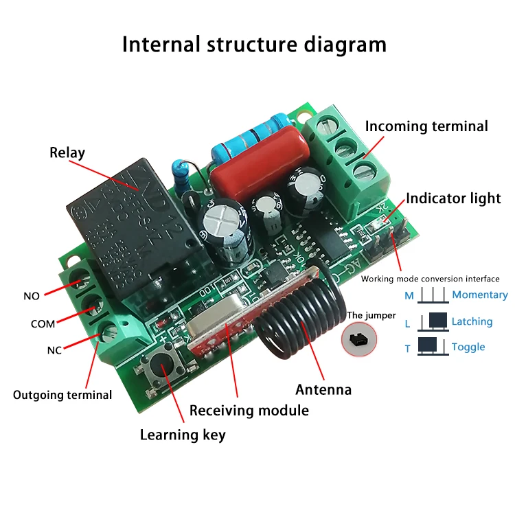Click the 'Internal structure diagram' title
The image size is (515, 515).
[254, 45]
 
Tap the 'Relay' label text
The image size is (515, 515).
[67, 152]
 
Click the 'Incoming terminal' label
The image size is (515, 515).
[426, 126]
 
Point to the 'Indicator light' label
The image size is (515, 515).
[453, 198]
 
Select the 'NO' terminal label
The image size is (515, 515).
[32, 296]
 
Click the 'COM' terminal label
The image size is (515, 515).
[43, 323]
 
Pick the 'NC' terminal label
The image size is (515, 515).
[54, 350]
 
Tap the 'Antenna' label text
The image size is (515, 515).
[323, 390]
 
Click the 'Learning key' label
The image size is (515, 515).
[183, 435]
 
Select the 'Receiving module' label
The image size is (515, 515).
[249, 411]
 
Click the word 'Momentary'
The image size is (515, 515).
[480, 295]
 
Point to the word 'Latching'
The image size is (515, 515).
[472, 321]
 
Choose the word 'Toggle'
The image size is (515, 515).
[468, 347]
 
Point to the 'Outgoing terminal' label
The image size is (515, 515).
[62, 395]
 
